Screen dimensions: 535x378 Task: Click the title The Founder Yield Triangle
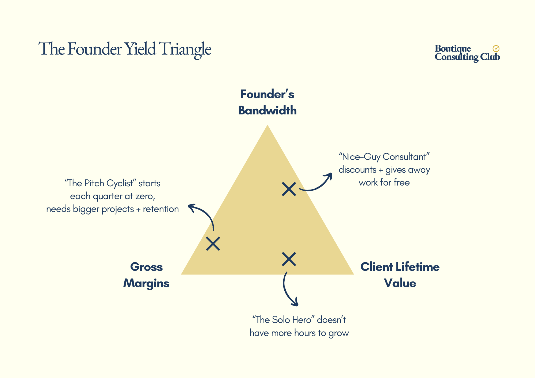tap(125, 49)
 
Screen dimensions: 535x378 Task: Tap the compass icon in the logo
tap(496, 48)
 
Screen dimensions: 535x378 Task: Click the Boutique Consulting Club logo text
tap(467, 53)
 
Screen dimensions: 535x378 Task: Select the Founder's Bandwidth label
tap(267, 102)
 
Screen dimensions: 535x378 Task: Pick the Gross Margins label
tap(146, 275)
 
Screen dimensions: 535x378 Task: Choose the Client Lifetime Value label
tap(400, 275)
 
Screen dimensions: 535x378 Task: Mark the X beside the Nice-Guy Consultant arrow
tap(289, 189)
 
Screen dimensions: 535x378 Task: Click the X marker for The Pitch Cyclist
tap(213, 244)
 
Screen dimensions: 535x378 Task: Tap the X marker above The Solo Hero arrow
tap(289, 259)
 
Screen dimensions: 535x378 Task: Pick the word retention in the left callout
tap(161, 209)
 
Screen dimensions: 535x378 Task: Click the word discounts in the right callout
tap(357, 170)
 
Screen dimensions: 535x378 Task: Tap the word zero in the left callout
tap(144, 196)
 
